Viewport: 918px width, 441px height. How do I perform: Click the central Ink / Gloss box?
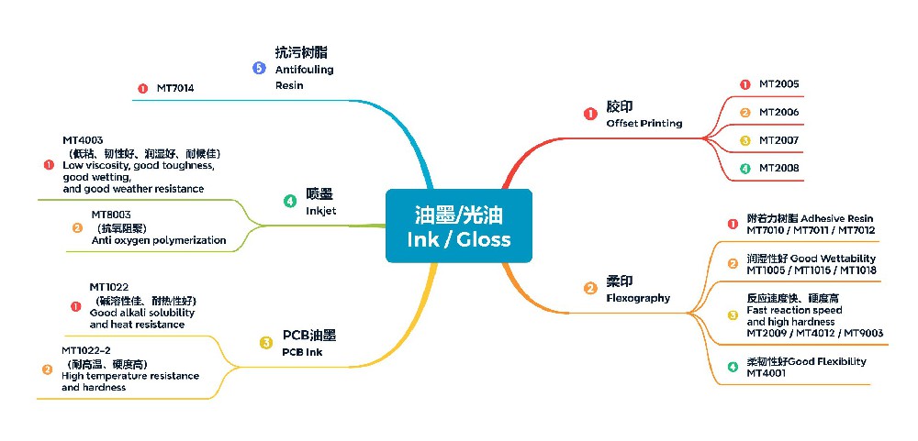click(458, 226)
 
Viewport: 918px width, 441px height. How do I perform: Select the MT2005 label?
click(778, 84)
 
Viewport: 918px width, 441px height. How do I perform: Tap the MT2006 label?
click(778, 113)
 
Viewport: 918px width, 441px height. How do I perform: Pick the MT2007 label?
click(778, 140)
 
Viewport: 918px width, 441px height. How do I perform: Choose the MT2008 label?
click(778, 168)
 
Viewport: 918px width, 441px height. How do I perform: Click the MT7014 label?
click(175, 89)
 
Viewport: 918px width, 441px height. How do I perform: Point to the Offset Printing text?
click(644, 123)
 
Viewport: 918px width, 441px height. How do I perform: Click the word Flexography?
click(638, 298)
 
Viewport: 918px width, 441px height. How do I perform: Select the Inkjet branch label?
click(321, 211)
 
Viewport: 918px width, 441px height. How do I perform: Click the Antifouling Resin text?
click(304, 77)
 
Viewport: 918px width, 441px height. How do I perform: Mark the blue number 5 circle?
click(259, 68)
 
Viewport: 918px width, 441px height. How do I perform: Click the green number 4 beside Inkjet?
click(290, 200)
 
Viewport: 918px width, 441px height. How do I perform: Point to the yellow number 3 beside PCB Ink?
click(266, 342)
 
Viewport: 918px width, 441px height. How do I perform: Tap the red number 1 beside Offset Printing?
click(590, 114)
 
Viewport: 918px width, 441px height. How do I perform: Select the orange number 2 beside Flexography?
click(590, 288)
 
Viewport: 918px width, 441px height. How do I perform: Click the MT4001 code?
click(766, 373)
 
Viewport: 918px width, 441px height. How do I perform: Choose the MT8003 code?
click(110, 215)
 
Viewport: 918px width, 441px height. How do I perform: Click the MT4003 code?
click(83, 140)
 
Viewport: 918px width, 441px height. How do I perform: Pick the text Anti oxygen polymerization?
click(159, 240)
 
